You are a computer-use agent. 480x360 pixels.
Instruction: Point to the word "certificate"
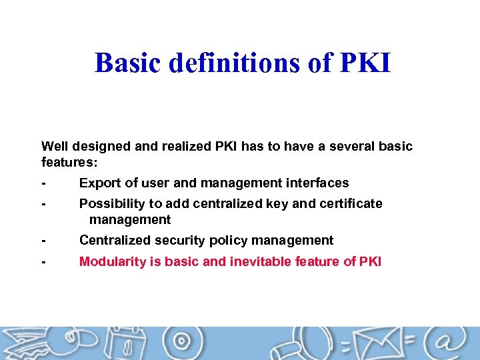(349, 203)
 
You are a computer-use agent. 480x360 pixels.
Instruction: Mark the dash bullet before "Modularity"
(43, 262)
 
